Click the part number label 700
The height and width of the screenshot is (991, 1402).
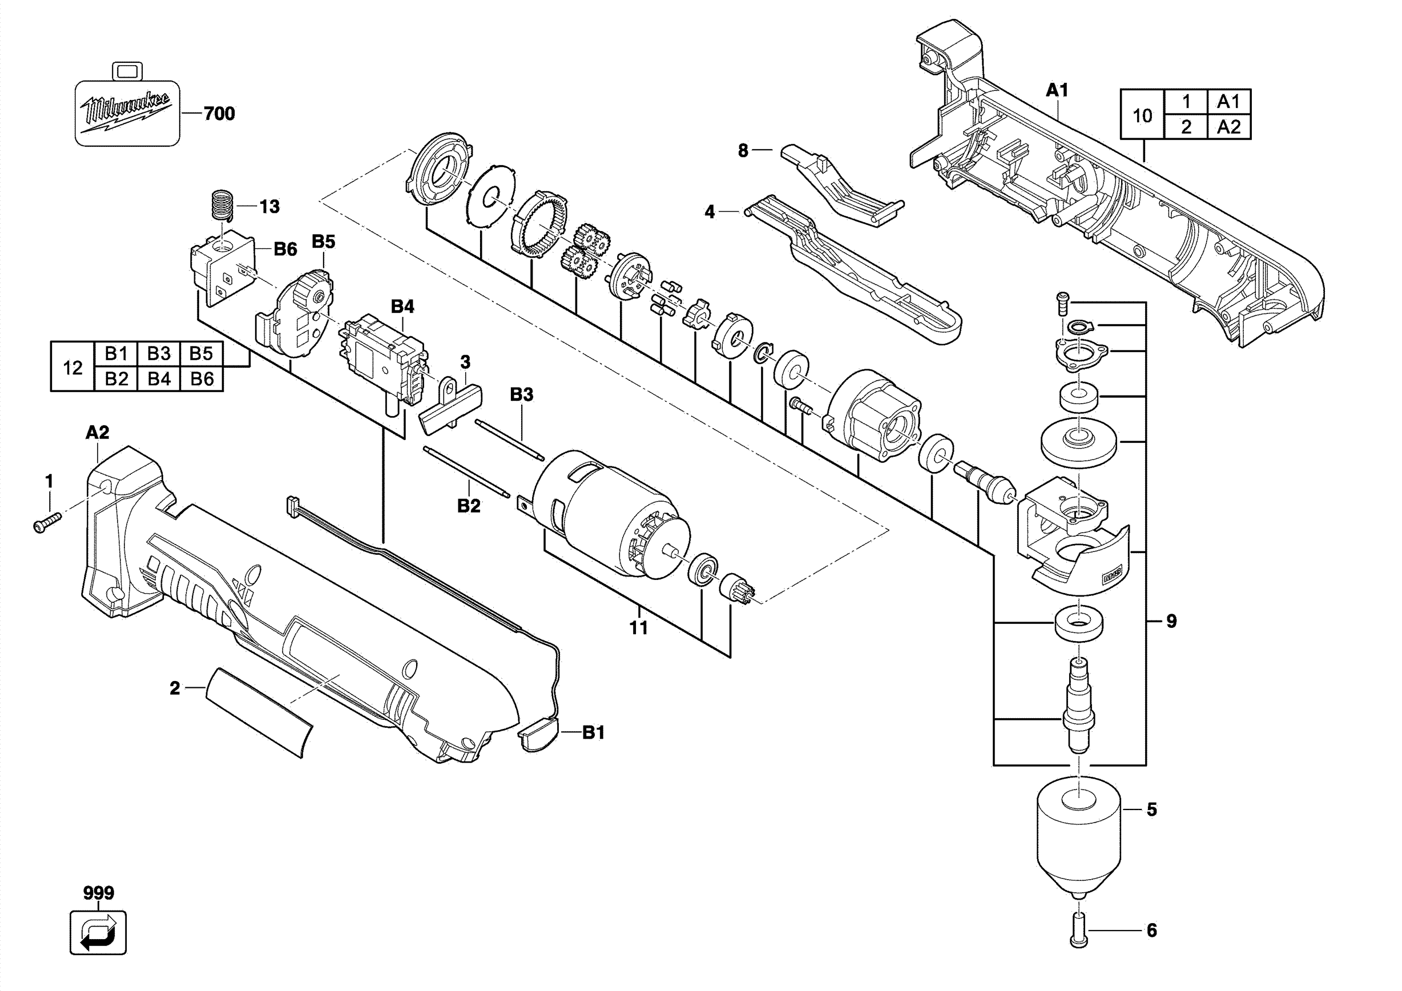click(x=219, y=114)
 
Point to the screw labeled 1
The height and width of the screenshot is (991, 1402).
click(x=47, y=521)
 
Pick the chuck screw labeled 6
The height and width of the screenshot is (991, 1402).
click(x=1079, y=930)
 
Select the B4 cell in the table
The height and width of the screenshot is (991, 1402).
click(x=159, y=378)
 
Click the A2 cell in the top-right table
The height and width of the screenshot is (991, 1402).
click(x=1228, y=127)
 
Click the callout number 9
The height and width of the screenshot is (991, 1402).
click(x=1171, y=621)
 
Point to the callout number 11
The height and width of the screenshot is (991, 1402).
click(x=639, y=627)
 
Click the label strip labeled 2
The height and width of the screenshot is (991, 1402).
click(x=259, y=712)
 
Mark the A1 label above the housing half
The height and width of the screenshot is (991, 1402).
click(x=1057, y=90)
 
